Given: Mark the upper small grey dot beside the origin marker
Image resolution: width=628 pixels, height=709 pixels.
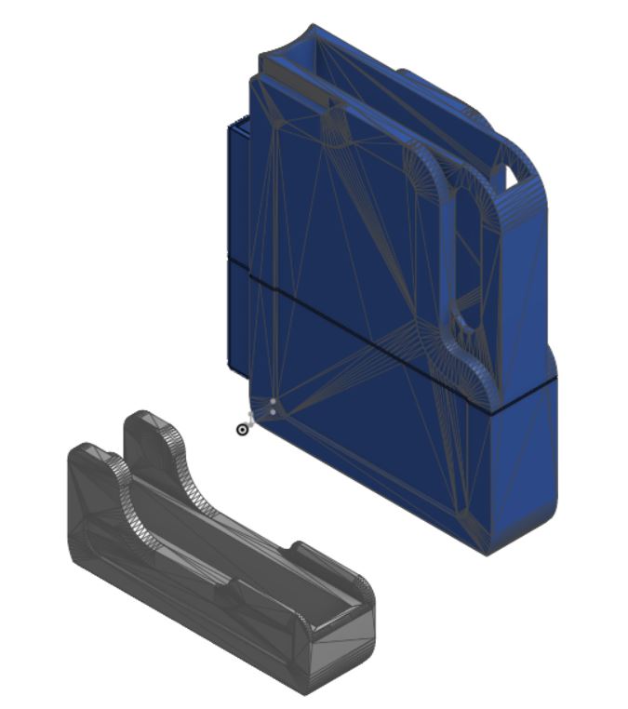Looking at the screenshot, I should click(273, 402).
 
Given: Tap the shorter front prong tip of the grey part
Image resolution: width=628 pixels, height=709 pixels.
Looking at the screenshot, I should click(89, 450).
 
